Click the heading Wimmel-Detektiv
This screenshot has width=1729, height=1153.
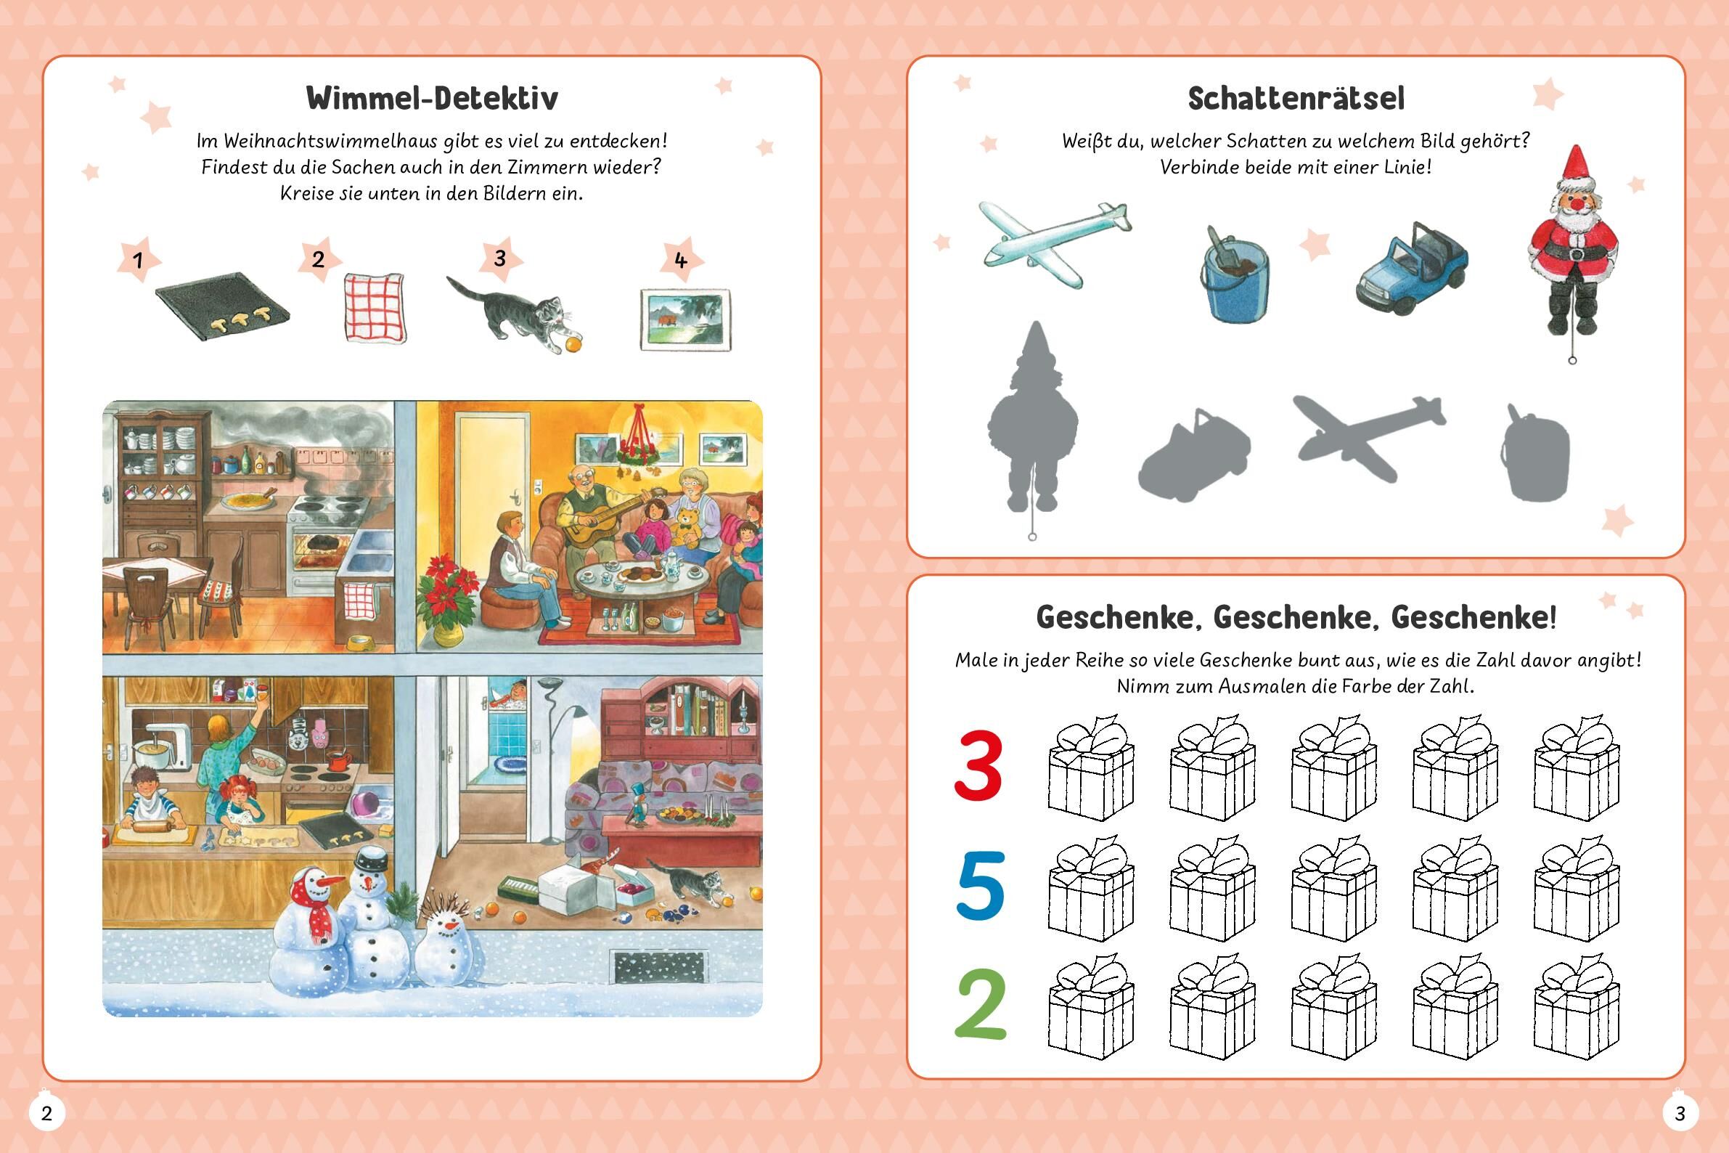click(x=431, y=98)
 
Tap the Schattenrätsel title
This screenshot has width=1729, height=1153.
click(x=1295, y=99)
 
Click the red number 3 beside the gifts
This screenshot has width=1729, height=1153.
click(x=978, y=765)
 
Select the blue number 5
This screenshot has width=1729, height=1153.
click(x=980, y=885)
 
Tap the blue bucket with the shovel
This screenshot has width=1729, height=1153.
click(x=1238, y=274)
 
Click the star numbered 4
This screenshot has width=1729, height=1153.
click(x=681, y=261)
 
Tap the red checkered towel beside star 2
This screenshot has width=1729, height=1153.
click(x=373, y=307)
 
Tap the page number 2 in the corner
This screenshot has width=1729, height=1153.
click(x=46, y=1113)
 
